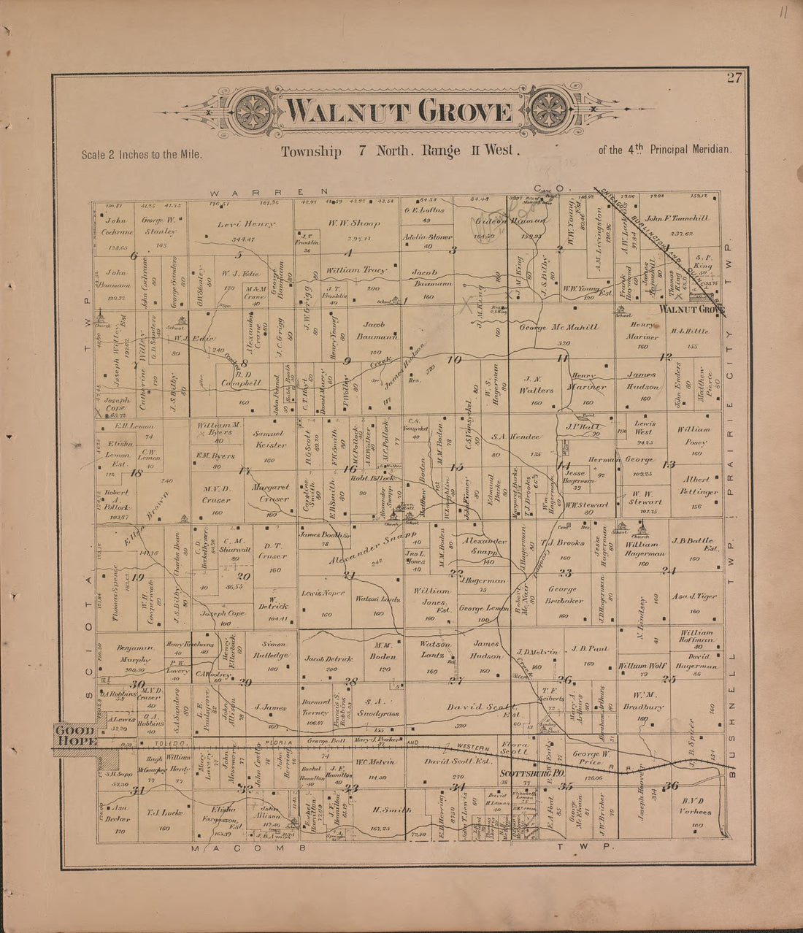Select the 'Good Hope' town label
(73, 737)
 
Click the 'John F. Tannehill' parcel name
(677, 218)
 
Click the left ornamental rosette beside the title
(251, 112)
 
